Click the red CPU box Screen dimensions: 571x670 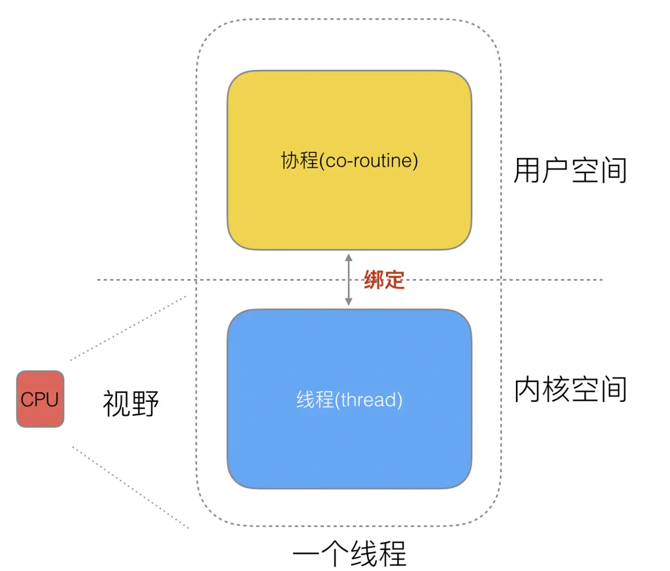click(x=40, y=399)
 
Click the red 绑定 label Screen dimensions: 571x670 click(x=384, y=280)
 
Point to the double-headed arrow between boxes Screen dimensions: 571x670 click(x=349, y=280)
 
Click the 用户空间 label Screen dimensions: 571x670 click(x=570, y=171)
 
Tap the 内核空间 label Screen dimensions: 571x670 click(x=570, y=389)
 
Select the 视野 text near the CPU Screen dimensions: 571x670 click(x=131, y=403)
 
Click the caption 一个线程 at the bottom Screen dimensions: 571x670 click(x=349, y=553)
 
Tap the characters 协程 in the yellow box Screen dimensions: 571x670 click(x=299, y=160)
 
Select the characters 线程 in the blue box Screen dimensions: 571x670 click(x=314, y=400)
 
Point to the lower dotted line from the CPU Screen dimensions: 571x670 click(x=130, y=487)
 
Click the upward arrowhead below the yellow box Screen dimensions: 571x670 click(x=349, y=257)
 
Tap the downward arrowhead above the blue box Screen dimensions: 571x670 click(x=349, y=302)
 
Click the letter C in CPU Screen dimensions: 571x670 click(x=26, y=400)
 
